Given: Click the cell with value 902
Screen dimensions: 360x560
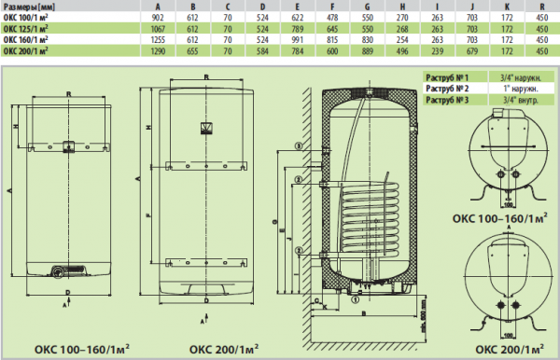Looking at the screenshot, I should coord(169,18).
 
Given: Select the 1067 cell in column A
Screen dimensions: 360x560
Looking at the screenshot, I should coord(169,29).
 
